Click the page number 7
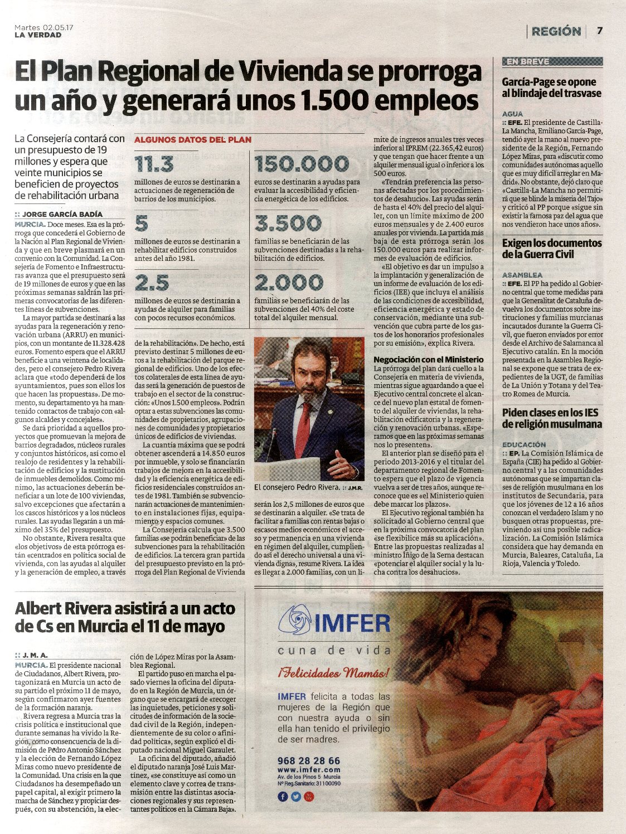(x=600, y=31)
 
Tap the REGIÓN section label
(x=556, y=31)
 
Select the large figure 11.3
(x=154, y=164)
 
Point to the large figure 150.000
(x=301, y=164)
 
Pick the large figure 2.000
(x=288, y=283)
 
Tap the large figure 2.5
(x=152, y=283)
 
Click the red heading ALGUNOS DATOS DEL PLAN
(x=193, y=140)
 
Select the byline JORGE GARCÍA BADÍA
(x=62, y=215)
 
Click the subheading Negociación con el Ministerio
(x=429, y=360)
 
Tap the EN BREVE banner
(x=527, y=62)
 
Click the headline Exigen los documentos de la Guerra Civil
(x=551, y=249)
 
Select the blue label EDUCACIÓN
(x=524, y=445)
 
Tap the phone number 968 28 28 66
(x=308, y=761)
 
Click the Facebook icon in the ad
(x=283, y=796)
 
